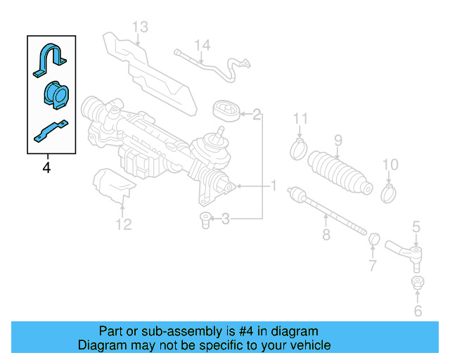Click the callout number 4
(46, 168)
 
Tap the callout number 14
(202, 46)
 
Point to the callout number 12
(124, 225)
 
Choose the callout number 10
(390, 165)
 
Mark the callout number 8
(326, 235)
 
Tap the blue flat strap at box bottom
(51, 131)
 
